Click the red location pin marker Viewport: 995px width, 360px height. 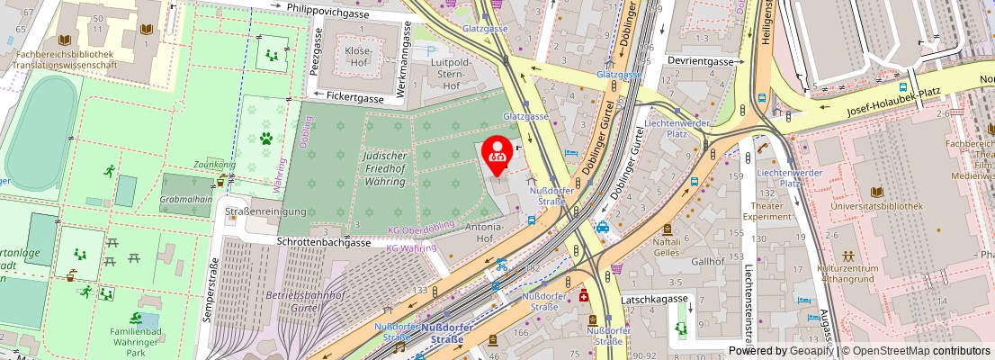tap(497, 153)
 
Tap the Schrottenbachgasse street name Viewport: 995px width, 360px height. tap(324, 243)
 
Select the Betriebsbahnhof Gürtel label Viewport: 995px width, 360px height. tap(306, 301)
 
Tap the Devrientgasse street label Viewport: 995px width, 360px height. tap(700, 61)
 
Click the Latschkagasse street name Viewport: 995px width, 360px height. tap(679, 299)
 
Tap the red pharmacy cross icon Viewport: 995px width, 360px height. tap(584, 295)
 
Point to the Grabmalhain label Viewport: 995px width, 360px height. tap(185, 200)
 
